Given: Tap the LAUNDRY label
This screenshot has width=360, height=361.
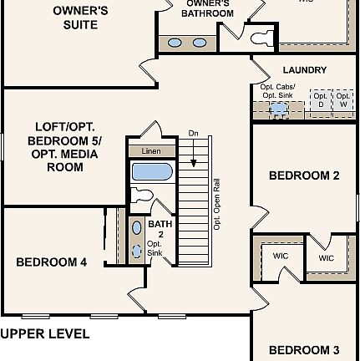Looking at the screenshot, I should point(304,71).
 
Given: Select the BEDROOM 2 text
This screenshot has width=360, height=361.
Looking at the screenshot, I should point(304,176).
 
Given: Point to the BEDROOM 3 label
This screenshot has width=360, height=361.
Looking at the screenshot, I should point(304,349).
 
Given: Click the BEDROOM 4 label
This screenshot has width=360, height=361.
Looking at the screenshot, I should point(52,262).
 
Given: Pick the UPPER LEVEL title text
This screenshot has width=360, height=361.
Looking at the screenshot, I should point(45,333).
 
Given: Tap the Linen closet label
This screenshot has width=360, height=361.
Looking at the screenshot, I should point(150,151).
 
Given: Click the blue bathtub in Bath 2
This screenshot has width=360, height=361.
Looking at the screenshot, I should point(151,172).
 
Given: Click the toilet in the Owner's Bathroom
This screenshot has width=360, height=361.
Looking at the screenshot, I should point(261,36).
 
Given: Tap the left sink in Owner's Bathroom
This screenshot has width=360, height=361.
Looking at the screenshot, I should point(176,43).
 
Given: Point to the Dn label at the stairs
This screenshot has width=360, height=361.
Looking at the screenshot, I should point(193,133).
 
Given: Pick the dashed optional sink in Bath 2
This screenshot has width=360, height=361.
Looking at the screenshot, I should point(137,248).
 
